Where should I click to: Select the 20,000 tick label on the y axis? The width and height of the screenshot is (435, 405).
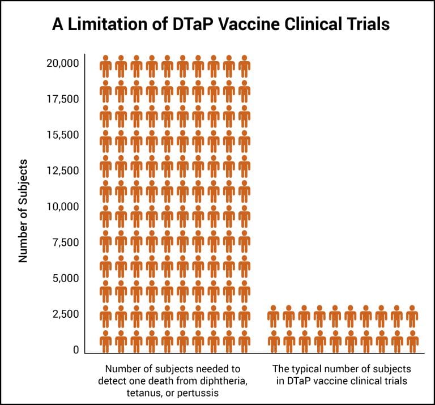(62, 63)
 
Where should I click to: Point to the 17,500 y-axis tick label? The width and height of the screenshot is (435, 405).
(62, 99)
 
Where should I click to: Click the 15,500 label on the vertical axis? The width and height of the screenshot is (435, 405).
(62, 135)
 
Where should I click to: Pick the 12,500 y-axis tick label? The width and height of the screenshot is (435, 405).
(62, 170)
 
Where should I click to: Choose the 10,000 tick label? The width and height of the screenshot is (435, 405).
(62, 207)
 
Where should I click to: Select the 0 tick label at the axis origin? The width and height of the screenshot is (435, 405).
(75, 350)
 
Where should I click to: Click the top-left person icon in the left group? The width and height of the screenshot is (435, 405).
(105, 67)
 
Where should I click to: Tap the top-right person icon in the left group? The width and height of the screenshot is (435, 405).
(244, 67)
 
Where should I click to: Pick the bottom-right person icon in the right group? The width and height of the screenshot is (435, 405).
(412, 342)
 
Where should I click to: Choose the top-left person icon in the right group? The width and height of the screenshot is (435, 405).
(274, 317)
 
